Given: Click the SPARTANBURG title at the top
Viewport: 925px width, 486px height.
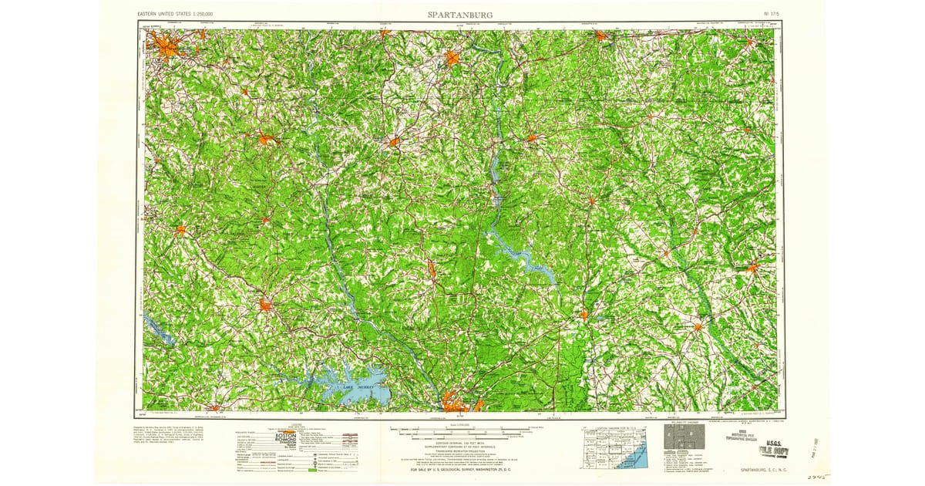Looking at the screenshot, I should [x=460, y=14].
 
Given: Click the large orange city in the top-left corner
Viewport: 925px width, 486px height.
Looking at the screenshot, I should [x=168, y=51].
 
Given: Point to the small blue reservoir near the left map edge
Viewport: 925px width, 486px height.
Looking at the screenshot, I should [x=159, y=331].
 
